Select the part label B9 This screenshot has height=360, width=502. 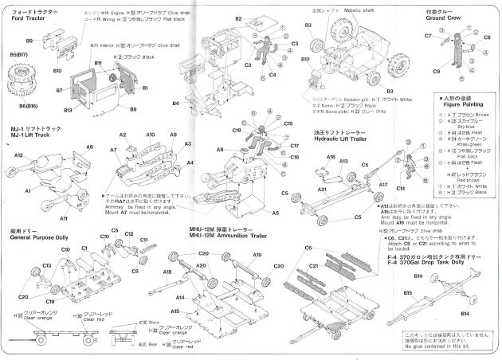point(29,40)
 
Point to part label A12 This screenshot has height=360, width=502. point(17,155)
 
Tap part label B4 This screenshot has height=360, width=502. point(175,103)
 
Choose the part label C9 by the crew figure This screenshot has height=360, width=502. point(437,72)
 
